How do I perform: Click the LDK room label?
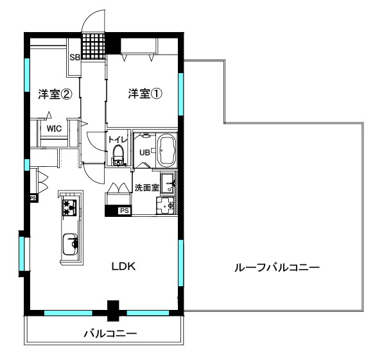123,266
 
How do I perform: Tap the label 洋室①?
145,94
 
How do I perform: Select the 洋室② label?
55,94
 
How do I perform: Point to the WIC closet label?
54,128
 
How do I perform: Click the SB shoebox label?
75,57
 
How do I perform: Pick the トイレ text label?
118,140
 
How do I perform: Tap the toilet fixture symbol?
118,155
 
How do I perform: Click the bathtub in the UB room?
167,151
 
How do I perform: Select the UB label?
144,152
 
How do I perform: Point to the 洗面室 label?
147,188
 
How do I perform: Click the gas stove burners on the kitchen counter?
69,207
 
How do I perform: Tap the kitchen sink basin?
70,244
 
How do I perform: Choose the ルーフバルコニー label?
277,268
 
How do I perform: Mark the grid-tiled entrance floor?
94,47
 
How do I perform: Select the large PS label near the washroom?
125,210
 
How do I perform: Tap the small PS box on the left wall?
33,198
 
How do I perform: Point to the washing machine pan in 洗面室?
166,206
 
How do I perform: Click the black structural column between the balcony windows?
113,311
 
